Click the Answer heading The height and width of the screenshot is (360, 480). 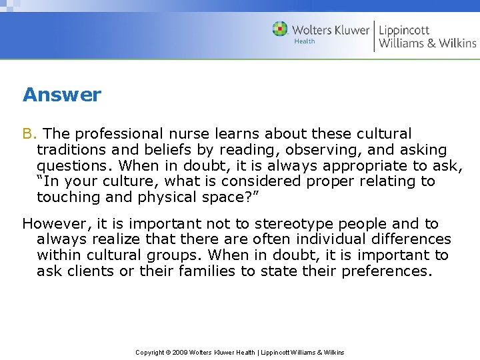(x=61, y=95)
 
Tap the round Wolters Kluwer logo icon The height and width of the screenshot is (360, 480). (x=280, y=29)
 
